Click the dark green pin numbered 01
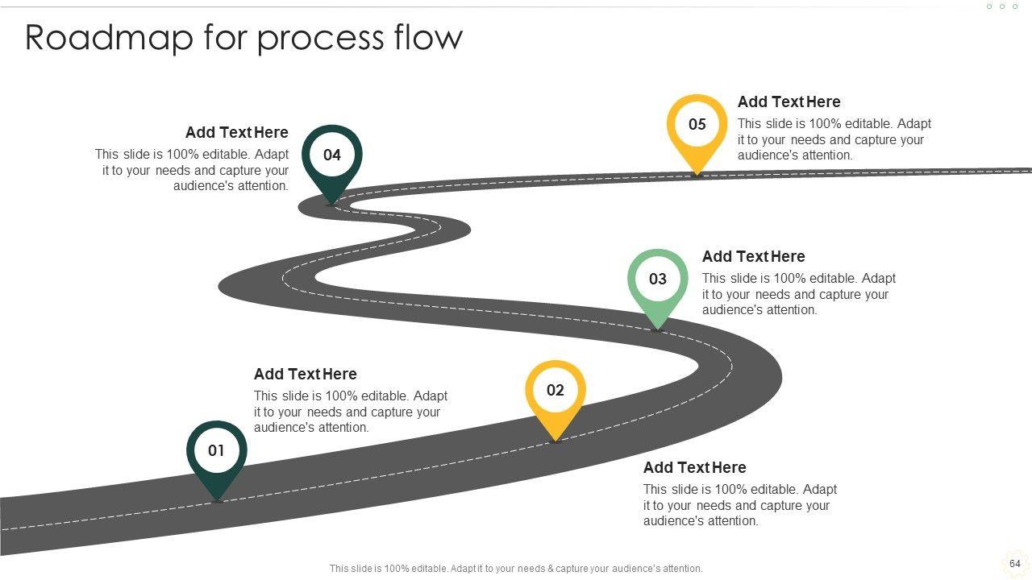[x=216, y=451]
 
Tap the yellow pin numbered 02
[x=556, y=391]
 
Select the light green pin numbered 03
[x=658, y=280]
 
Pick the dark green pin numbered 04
[x=332, y=155]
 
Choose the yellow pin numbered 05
[x=697, y=125]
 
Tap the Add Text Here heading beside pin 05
[x=789, y=101]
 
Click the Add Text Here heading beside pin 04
[x=236, y=132]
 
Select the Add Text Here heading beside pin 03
[x=753, y=256]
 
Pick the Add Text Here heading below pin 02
[x=694, y=467]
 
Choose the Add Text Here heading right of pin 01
[x=305, y=374]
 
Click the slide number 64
[x=1014, y=564]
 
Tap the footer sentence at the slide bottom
[x=516, y=568]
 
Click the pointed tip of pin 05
[x=697, y=172]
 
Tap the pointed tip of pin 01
[x=217, y=500]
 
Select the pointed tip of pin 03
[x=658, y=328]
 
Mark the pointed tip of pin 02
[x=556, y=440]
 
